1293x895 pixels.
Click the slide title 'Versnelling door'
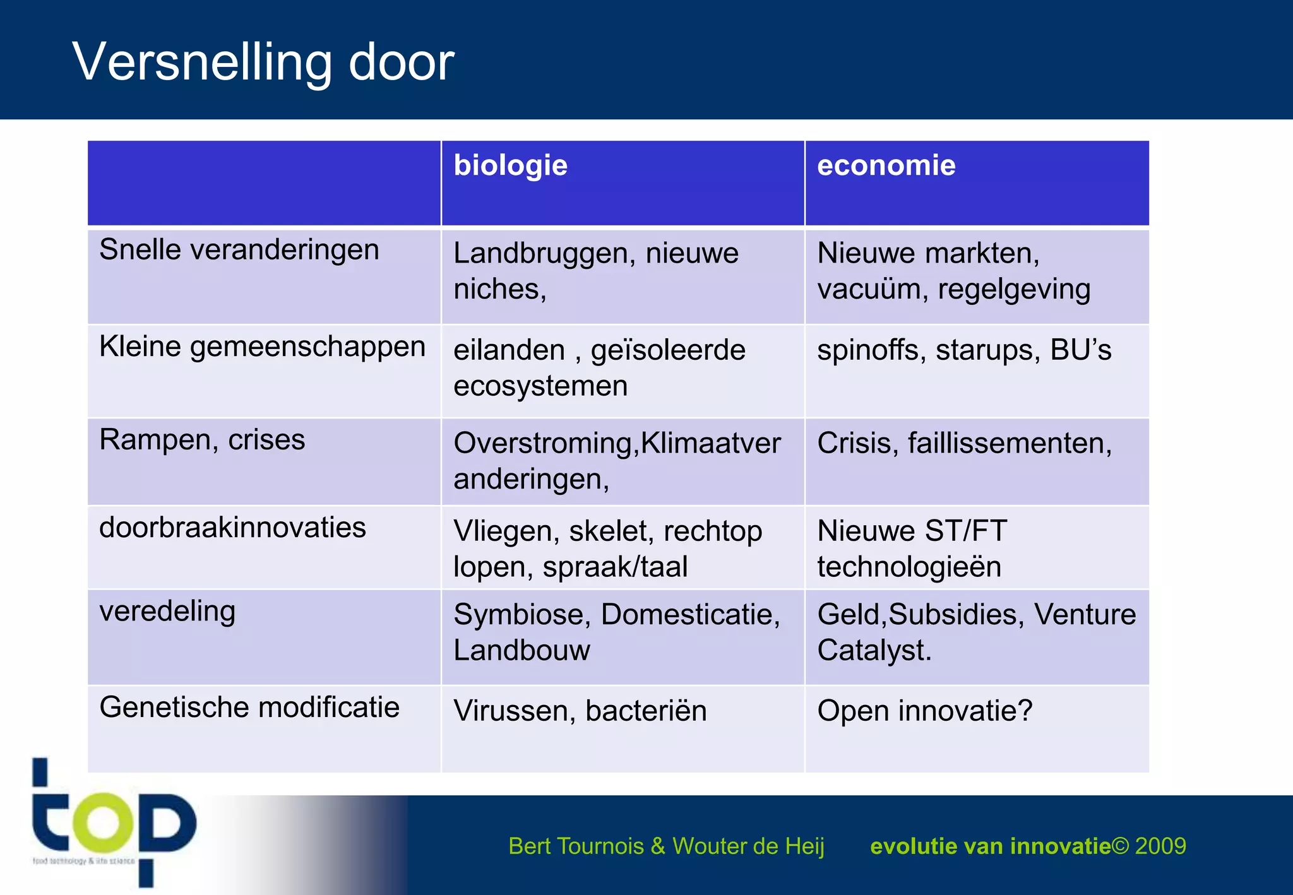263,62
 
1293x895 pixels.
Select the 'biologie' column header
510,165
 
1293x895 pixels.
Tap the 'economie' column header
886,165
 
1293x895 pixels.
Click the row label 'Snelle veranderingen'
239,250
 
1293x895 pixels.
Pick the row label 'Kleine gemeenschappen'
262,347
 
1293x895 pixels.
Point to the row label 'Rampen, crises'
202,440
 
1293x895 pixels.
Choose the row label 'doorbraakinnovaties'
232,528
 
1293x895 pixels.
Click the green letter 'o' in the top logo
102,822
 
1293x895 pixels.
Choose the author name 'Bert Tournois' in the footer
576,846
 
